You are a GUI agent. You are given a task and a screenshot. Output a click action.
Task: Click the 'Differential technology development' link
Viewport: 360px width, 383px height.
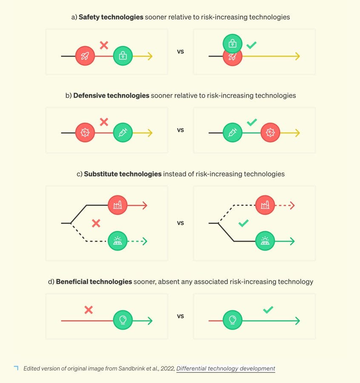point(226,369)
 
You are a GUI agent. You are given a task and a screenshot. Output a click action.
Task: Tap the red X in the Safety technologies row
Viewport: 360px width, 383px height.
point(104,45)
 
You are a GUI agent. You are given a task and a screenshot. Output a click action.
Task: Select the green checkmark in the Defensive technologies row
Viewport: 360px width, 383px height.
point(251,123)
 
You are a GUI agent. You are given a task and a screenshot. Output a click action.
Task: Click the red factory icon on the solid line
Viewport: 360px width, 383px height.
point(117,205)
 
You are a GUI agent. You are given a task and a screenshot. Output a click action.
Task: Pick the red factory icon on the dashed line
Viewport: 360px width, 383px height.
point(265,205)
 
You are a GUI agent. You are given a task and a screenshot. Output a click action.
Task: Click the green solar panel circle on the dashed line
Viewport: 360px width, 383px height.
point(117,241)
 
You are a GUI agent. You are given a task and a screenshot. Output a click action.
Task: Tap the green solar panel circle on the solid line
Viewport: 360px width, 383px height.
point(265,241)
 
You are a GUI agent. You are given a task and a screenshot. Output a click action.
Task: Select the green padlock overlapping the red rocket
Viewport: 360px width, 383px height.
point(232,43)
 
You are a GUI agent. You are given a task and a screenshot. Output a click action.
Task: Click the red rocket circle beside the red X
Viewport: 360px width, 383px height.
point(85,56)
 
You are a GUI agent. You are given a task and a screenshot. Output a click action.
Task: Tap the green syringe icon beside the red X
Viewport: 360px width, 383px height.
point(123,133)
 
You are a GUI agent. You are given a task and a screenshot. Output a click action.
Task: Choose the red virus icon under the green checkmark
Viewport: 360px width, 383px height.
point(270,133)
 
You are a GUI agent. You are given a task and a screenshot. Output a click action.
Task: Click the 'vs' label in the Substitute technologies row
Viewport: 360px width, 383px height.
point(180,223)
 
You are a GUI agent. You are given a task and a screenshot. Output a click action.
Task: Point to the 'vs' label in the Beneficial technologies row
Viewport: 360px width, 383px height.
point(180,316)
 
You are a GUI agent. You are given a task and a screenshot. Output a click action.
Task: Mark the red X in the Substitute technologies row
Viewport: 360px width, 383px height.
point(96,223)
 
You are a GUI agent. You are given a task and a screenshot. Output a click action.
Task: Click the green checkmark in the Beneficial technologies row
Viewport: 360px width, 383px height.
point(268,310)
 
